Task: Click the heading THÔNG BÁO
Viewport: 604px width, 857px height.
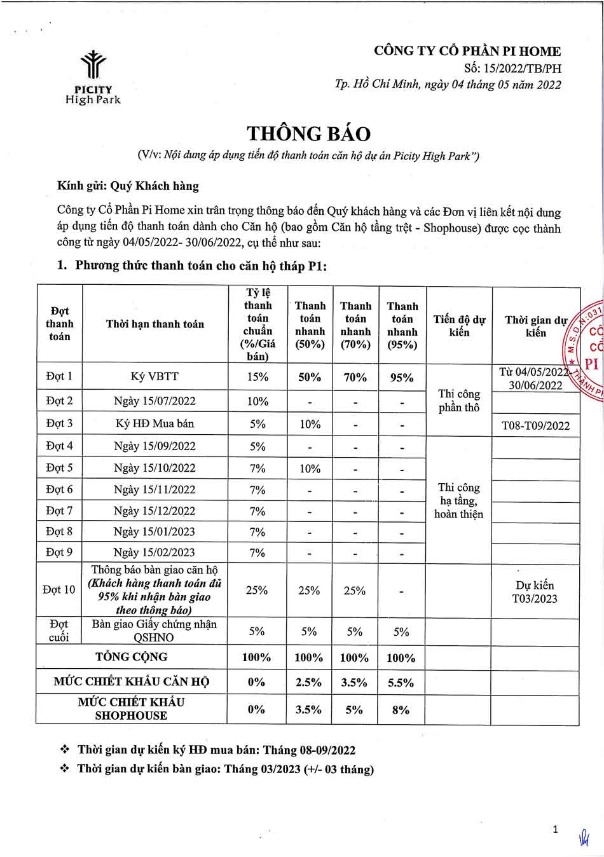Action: click(308, 134)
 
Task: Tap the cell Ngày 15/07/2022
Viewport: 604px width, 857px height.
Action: click(154, 401)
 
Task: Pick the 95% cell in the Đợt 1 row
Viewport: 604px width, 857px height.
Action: click(401, 377)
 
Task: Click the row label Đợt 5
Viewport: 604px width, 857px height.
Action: click(59, 468)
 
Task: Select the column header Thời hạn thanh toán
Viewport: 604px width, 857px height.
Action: click(154, 324)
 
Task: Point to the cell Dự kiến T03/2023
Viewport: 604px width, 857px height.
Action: click(535, 592)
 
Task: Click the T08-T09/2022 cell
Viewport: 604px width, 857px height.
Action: click(535, 425)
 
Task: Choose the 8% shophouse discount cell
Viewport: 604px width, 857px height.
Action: click(401, 710)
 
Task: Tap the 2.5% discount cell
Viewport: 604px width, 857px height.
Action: click(309, 683)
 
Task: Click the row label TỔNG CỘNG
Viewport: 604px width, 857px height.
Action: click(131, 657)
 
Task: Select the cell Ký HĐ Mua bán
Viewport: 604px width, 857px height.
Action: click(154, 423)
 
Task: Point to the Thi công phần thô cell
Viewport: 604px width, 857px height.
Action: click(458, 401)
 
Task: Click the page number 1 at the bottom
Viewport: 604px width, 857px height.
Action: click(555, 829)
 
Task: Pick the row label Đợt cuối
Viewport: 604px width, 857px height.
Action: click(59, 631)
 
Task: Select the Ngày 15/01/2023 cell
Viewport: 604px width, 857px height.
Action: click(154, 531)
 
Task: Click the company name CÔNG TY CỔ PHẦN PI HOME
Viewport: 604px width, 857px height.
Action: click(467, 51)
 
